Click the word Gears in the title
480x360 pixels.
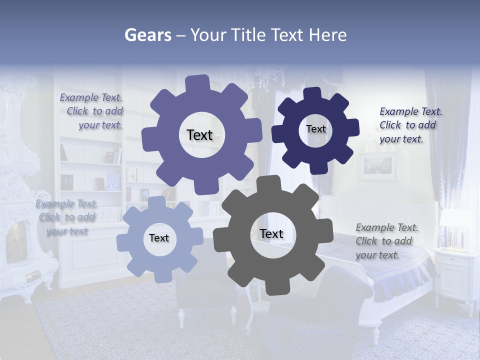(147, 35)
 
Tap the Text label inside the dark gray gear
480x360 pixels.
(271, 234)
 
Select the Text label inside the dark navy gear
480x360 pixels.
(315, 129)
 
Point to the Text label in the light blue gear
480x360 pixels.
(159, 238)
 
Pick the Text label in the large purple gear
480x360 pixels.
(199, 135)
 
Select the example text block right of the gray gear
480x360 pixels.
(386, 241)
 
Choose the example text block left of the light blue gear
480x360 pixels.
(67, 217)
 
